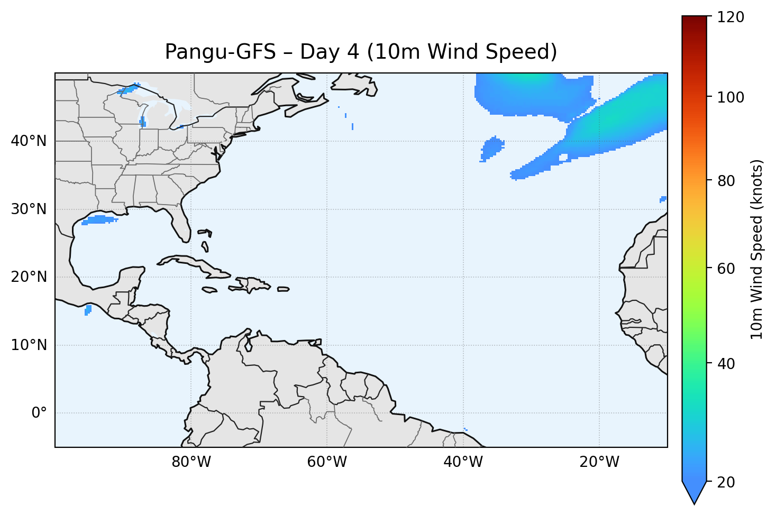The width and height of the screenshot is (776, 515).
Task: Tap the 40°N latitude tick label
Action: tap(29, 141)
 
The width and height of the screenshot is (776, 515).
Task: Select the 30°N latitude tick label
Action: tap(29, 209)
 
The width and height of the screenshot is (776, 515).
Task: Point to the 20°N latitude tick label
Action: tap(29, 277)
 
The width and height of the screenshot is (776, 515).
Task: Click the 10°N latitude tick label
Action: tap(29, 345)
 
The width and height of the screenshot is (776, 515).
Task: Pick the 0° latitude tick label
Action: tap(39, 413)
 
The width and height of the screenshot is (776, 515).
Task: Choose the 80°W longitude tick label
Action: tap(191, 462)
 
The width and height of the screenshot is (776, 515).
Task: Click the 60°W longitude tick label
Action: tap(327, 462)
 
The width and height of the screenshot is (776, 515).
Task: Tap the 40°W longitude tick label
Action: tap(463, 462)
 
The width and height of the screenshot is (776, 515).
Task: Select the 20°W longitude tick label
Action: tap(599, 462)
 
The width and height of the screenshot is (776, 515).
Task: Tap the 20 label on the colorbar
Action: tap(726, 482)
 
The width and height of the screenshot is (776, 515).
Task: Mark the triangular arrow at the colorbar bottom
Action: tap(694, 492)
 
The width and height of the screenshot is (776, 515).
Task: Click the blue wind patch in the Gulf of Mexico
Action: tap(99, 220)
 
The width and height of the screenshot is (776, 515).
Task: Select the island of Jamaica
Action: tap(209, 290)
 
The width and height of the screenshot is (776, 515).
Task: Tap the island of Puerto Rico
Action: tap(283, 289)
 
